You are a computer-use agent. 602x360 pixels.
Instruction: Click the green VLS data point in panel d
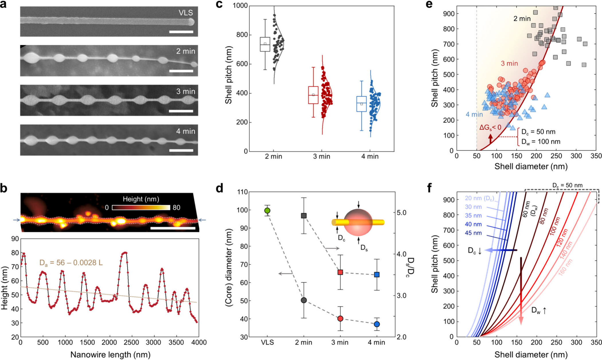pos(267,211)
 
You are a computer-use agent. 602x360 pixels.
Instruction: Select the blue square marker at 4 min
pos(377,275)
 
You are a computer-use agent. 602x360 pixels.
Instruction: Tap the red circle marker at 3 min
pos(340,318)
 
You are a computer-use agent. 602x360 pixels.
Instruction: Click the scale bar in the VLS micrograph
pos(181,32)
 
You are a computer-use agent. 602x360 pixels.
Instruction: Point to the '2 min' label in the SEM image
pos(185,51)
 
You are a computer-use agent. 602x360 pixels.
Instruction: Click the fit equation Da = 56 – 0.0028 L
pos(71,263)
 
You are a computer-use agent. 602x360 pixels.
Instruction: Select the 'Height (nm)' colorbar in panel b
pos(141,207)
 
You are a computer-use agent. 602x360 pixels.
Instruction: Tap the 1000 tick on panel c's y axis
pos(241,6)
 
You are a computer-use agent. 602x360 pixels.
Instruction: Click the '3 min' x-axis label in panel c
pos(321,157)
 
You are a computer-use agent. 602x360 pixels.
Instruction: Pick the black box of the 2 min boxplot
pos(265,44)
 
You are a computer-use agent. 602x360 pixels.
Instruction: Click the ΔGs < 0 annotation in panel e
pos(490,127)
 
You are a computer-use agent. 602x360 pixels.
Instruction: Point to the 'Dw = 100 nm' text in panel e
pos(541,141)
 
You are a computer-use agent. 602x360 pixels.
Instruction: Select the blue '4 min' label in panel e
pos(474,114)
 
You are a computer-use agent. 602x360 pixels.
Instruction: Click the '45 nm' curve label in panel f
pos(473,233)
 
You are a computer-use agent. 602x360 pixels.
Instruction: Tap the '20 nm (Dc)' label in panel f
pos(479,198)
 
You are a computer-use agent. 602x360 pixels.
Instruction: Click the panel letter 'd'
pos(219,188)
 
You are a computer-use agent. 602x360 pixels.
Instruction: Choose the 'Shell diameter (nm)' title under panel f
pos(531,355)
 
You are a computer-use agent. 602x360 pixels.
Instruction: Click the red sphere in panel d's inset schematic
pos(358,222)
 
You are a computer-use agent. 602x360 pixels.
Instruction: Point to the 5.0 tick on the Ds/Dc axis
pos(402,213)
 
